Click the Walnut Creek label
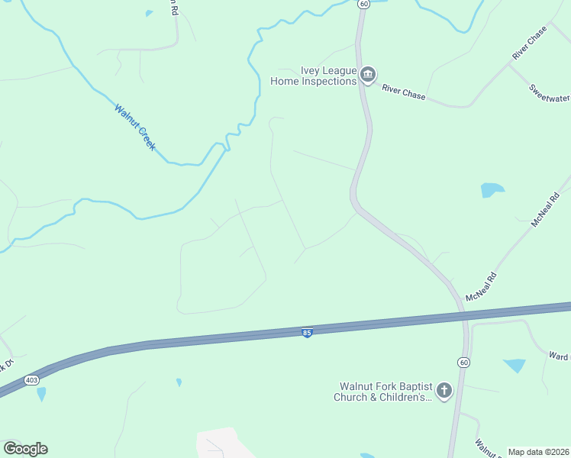[x=135, y=127]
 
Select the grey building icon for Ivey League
[x=368, y=74]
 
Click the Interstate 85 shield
[x=306, y=333]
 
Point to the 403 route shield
[x=31, y=379]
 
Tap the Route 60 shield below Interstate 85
[x=463, y=361]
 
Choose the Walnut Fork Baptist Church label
[x=382, y=391]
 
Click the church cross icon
[x=444, y=392]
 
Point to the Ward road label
[x=559, y=356]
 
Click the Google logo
[x=25, y=449]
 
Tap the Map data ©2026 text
[x=538, y=452]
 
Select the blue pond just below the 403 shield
[x=40, y=394]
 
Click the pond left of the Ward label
[x=515, y=366]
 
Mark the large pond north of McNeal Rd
[x=492, y=190]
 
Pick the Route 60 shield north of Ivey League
[x=363, y=4]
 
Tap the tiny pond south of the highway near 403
[x=179, y=382]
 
